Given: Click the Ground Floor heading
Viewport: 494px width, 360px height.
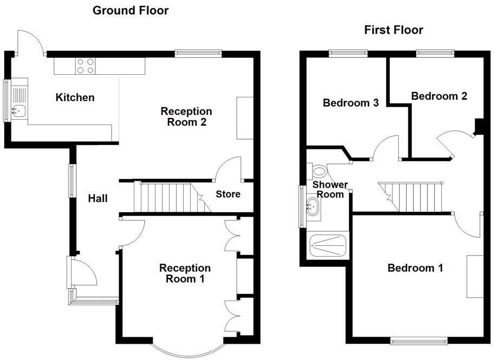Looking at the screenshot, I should tap(131, 10).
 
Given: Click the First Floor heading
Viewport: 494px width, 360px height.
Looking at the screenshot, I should tap(393, 30).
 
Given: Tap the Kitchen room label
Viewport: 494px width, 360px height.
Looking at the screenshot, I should tap(75, 97).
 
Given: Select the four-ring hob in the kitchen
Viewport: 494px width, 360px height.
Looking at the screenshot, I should tap(84, 66).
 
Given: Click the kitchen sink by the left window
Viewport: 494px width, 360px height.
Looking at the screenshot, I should tap(19, 111).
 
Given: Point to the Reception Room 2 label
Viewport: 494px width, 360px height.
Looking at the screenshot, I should tap(186, 116).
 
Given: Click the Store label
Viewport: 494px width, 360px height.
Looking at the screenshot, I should tap(228, 194).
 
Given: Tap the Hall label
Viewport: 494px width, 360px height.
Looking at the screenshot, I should tap(98, 199).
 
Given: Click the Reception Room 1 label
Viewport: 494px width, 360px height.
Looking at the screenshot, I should tap(185, 273).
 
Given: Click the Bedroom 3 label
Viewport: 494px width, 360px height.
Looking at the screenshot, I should tap(350, 103).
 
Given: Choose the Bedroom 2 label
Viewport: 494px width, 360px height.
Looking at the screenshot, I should tap(439, 96).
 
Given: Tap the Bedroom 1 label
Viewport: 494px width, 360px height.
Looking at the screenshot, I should tap(415, 267).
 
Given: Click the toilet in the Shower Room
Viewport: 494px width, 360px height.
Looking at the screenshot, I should tap(318, 172).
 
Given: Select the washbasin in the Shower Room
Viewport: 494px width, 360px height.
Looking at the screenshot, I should tap(313, 205).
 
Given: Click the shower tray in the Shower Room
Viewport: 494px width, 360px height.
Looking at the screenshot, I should tap(327, 245).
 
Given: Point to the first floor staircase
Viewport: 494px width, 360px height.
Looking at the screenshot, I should tap(415, 195).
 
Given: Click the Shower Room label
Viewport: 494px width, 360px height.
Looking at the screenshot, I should tap(330, 189).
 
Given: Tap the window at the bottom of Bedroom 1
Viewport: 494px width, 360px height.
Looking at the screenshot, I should tap(419, 341).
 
